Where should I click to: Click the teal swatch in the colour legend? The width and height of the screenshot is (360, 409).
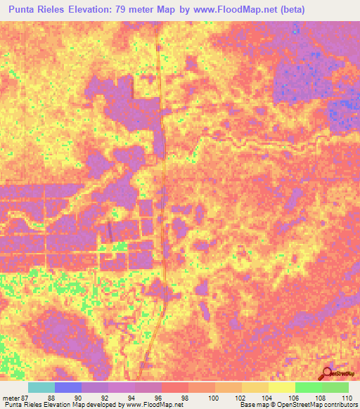point(41,387)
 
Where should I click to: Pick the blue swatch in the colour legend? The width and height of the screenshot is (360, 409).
point(68,387)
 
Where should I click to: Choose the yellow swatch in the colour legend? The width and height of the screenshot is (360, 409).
point(281,387)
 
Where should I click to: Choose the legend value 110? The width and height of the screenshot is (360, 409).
point(346,398)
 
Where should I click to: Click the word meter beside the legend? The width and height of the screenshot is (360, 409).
point(12,398)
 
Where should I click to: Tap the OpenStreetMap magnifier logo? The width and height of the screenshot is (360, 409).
point(326,373)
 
